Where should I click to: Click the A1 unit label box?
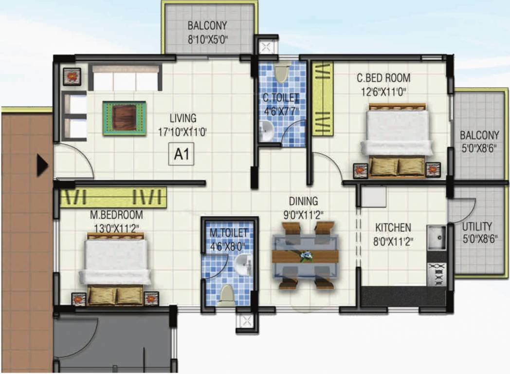pyautogui.click(x=181, y=156)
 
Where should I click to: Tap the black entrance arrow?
pyautogui.click(x=42, y=166)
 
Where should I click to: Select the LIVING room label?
pyautogui.click(x=183, y=118)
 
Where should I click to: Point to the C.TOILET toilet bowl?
pyautogui.click(x=282, y=74)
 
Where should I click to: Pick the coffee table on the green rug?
pyautogui.click(x=124, y=117)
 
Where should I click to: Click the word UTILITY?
pyautogui.click(x=476, y=227)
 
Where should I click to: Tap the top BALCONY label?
pyautogui.click(x=207, y=26)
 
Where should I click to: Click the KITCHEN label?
pyautogui.click(x=393, y=227)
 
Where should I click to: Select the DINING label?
pyautogui.click(x=303, y=201)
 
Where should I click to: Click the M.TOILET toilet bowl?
pyautogui.click(x=226, y=295)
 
